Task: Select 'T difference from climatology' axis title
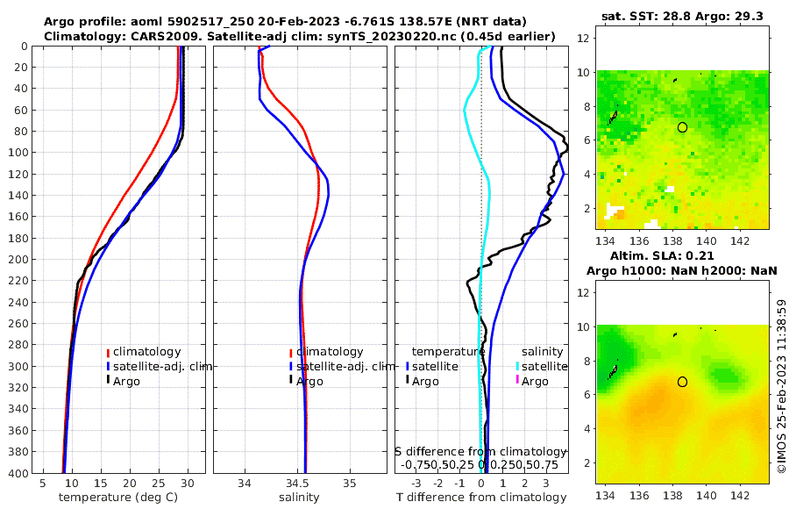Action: coord(481,498)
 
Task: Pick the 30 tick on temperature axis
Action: coord(188,483)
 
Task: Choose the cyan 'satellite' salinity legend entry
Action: coord(544,366)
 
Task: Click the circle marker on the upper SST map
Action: coord(682,127)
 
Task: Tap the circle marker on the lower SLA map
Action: coord(682,382)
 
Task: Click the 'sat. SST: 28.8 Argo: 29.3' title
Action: coord(682,16)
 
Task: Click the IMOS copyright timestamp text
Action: coord(781,386)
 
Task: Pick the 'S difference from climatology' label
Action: coord(480,450)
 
